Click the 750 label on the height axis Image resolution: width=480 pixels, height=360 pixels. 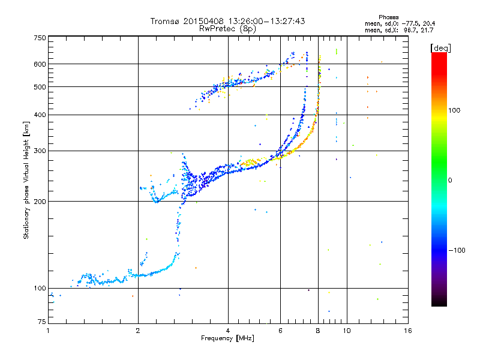[x=40, y=38]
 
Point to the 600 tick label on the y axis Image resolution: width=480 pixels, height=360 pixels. [x=40, y=64]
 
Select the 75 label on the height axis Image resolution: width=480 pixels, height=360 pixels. [x=42, y=322]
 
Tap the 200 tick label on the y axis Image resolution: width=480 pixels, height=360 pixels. [x=40, y=202]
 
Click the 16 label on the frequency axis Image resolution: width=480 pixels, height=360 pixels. [x=408, y=331]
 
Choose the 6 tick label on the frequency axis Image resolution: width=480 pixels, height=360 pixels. [x=280, y=331]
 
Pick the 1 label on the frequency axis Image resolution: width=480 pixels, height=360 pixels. [x=49, y=331]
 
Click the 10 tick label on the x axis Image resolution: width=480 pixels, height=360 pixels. [x=347, y=331]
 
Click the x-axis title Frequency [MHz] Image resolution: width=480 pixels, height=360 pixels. [x=228, y=338]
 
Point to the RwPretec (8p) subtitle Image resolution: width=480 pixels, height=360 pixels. [x=228, y=29]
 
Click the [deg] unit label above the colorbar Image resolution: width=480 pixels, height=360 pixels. [x=440, y=48]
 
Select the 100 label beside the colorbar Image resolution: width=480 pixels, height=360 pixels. [x=454, y=110]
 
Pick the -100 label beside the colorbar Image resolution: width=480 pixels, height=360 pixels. [x=457, y=250]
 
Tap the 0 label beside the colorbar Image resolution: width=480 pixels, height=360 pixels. [x=450, y=180]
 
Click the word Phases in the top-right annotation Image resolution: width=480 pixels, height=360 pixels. [x=389, y=17]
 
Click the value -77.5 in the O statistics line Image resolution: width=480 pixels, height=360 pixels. [x=411, y=23]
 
